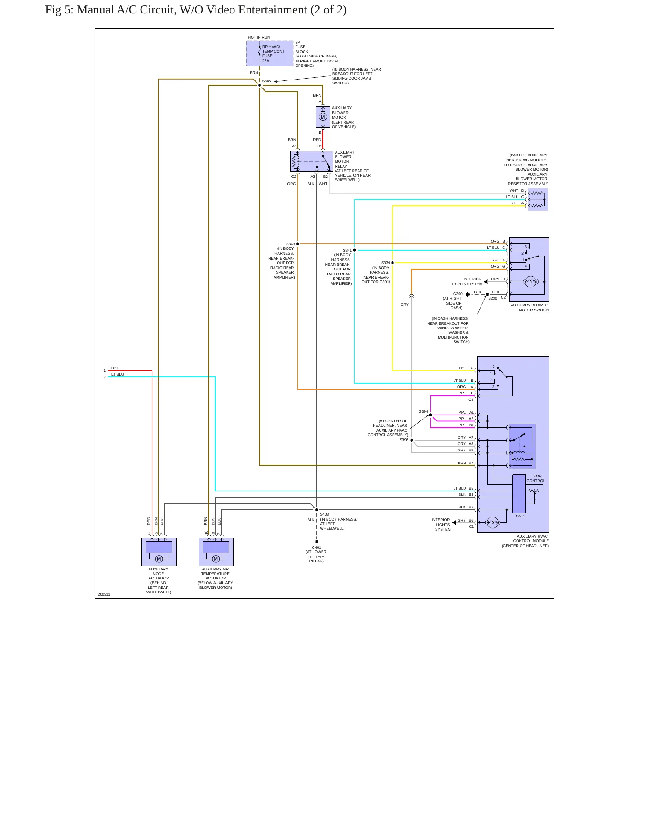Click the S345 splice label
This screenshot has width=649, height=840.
[266, 81]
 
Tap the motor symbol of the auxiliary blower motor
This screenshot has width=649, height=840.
[322, 117]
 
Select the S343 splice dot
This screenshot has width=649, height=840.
[297, 244]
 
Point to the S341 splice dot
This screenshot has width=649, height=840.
[354, 250]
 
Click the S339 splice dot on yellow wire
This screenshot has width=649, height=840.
[393, 263]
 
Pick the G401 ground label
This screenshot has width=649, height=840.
[317, 548]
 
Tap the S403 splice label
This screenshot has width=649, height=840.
[324, 515]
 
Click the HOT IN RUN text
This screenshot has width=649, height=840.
[259, 37]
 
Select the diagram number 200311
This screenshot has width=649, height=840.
[104, 594]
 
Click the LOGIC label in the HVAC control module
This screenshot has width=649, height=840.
[519, 516]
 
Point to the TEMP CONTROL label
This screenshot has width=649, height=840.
[536, 478]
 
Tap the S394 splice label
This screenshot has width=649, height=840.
[424, 411]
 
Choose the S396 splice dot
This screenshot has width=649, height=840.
[411, 440]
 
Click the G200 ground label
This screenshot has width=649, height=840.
[458, 294]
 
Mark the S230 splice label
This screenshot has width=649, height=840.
[493, 298]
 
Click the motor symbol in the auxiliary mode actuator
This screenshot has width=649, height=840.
[159, 559]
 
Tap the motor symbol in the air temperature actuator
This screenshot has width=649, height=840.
[216, 559]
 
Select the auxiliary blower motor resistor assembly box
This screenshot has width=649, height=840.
[538, 199]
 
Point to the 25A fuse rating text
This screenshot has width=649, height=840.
[266, 61]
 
